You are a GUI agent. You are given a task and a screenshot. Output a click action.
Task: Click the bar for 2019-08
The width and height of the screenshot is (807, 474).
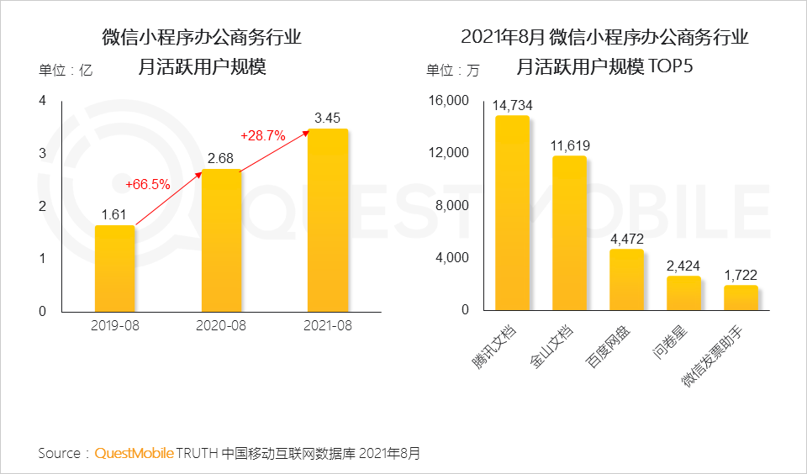(114, 268)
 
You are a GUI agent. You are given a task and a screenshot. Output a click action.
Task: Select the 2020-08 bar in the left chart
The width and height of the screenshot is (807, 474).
(221, 240)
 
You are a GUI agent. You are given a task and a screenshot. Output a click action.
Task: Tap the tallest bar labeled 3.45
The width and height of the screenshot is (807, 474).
(328, 219)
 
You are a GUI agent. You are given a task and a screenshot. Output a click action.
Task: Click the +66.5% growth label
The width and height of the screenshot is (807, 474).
(148, 184)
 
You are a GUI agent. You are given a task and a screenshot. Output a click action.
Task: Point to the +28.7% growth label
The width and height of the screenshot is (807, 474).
(263, 134)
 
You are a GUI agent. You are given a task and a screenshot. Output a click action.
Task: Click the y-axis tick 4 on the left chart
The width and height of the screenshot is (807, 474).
(43, 101)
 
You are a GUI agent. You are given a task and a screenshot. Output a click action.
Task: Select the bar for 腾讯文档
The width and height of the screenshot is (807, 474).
(512, 213)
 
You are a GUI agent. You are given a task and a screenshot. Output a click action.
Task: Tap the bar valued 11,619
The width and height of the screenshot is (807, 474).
(569, 233)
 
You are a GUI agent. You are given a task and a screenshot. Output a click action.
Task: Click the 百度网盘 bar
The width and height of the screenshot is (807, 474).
(626, 279)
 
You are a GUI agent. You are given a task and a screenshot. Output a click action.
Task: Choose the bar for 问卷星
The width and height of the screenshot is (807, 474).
(683, 292)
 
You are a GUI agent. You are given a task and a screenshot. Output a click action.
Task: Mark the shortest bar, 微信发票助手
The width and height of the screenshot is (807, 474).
(741, 298)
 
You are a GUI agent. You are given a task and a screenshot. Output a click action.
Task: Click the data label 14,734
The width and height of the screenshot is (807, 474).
(513, 105)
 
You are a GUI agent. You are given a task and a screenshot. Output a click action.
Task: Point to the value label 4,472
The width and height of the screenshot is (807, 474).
(626, 239)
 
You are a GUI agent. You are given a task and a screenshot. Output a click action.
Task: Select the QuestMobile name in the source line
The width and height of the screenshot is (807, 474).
(134, 453)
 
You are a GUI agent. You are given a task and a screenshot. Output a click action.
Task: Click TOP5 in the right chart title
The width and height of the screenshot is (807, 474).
(670, 66)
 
